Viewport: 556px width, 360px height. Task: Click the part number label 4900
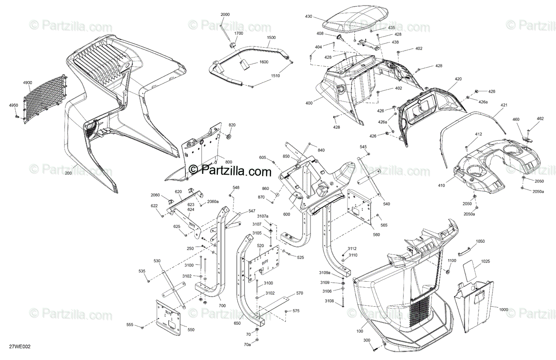point(27,82)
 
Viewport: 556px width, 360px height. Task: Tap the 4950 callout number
point(13,106)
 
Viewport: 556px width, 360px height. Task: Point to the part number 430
point(309,17)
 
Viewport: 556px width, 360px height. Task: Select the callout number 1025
point(485,262)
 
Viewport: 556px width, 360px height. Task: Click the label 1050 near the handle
point(480,241)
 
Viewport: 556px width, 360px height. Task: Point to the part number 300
point(366,341)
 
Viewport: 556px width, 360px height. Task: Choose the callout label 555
point(130,325)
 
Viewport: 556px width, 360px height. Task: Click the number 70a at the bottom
point(248,345)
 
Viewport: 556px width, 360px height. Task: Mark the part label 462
point(540,119)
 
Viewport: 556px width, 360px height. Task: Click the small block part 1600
point(245,63)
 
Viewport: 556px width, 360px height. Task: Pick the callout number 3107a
point(263,216)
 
